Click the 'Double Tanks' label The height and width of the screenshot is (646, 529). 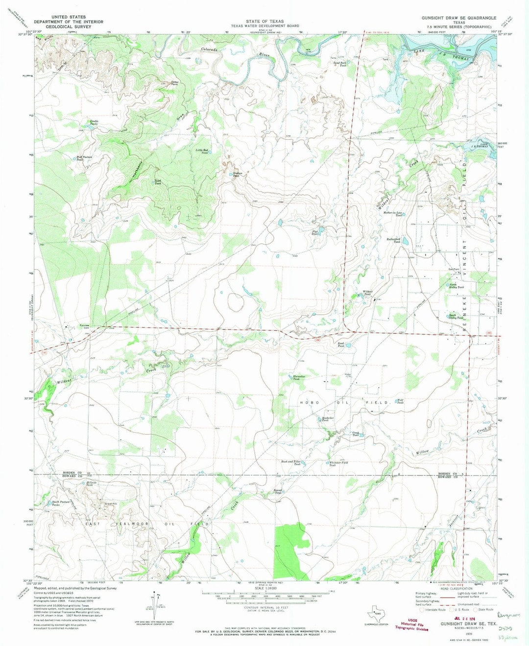point(94,123)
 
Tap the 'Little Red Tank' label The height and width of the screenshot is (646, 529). point(202,151)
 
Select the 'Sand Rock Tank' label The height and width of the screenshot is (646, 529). point(340,64)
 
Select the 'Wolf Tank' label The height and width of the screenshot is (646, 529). point(400,401)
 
